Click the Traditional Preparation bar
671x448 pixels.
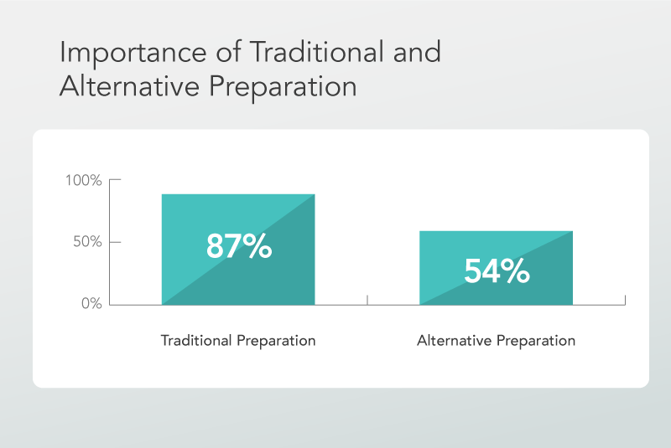point(238,250)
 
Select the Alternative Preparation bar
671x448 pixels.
point(496,268)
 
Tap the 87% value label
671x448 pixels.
point(239,246)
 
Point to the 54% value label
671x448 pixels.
point(497,270)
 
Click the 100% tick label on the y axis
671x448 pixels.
point(83,180)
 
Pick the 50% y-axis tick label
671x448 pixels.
point(87,242)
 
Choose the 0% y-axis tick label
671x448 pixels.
point(91,303)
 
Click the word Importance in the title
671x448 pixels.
point(133,54)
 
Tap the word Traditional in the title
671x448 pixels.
point(317,52)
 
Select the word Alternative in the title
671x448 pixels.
point(130,86)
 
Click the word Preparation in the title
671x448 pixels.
point(283,88)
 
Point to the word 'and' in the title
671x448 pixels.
point(417,52)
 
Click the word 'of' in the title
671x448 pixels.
point(228,52)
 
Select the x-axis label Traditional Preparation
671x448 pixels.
point(238,341)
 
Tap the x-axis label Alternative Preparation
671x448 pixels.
point(496,341)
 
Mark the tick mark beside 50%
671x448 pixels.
point(115,242)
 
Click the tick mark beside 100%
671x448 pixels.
point(115,180)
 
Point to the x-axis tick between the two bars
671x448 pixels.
point(367,300)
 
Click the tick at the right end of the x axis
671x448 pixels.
point(625,300)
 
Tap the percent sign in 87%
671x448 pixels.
point(257,246)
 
